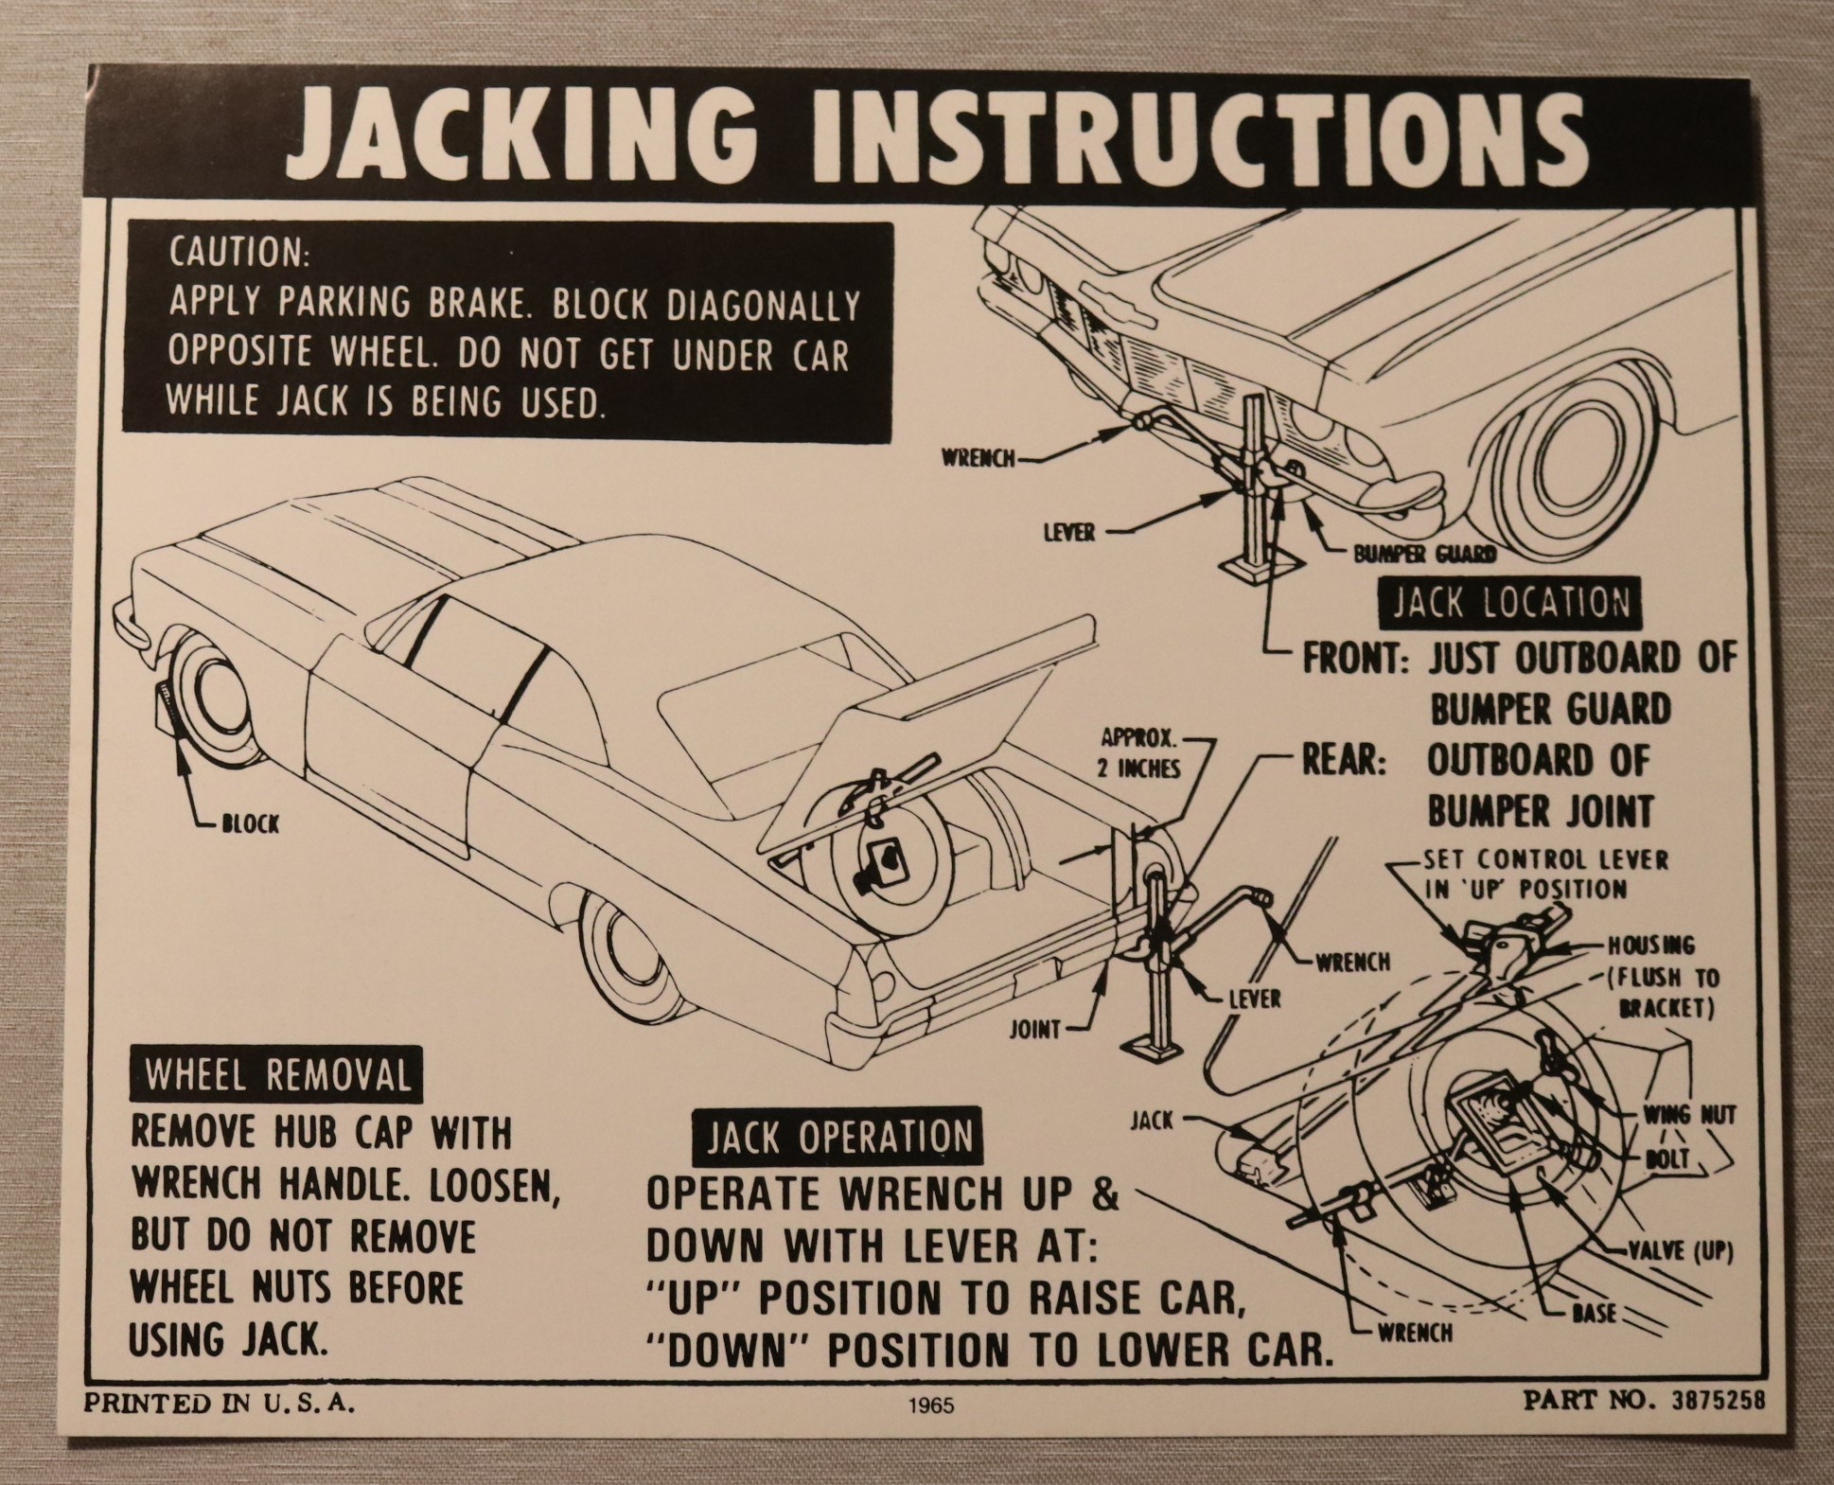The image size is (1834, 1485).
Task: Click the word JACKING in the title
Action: pos(517,138)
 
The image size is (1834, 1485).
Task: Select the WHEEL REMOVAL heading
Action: pos(278,1076)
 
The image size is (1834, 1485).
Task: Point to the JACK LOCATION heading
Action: pos(1509,603)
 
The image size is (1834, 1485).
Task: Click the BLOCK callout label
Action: pos(250,823)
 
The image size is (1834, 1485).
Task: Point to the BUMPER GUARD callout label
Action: pos(1424,555)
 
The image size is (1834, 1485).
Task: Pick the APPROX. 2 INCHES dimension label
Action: pos(1138,752)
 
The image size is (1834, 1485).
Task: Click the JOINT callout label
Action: pos(1033,1029)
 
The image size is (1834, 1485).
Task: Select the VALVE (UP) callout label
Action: pos(1680,1251)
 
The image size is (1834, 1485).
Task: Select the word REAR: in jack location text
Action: pos(1344,761)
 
